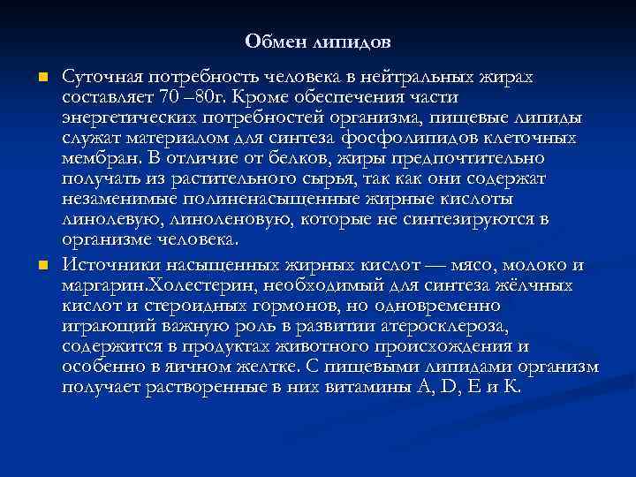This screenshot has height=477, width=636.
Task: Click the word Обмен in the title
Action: [269, 42]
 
